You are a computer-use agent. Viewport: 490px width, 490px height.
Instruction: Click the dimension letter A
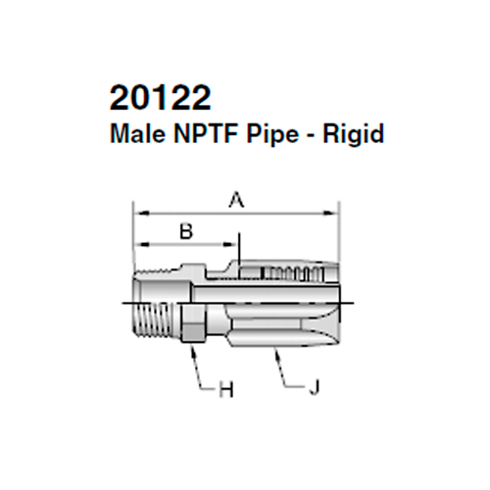pyautogui.click(x=235, y=201)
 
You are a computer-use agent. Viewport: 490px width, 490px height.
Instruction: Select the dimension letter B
pyautogui.click(x=184, y=231)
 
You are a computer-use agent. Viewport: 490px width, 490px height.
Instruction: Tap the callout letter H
pyautogui.click(x=225, y=390)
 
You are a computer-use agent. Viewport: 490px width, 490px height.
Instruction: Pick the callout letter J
pyautogui.click(x=313, y=390)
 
